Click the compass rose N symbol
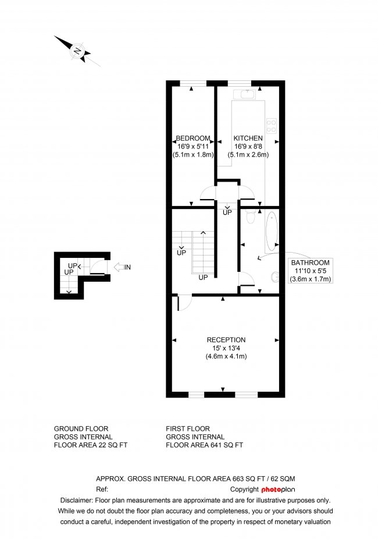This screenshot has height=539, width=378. pos(77,51)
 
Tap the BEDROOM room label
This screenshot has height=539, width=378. pos(193,138)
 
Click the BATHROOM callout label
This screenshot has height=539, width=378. pos(311,263)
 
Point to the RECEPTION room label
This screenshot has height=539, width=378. pos(226,340)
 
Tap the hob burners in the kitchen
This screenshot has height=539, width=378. pos(271,125)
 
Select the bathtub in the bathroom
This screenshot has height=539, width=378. pos(272,231)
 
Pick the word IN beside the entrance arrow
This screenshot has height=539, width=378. pos(128,267)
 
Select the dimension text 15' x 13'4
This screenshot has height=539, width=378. pos(226,348)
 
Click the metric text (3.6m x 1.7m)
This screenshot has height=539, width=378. pos(311,279)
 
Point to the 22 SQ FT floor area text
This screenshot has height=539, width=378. pos(109,445)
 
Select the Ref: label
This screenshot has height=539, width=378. pos(102,489)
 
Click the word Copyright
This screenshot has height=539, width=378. pos(244,489)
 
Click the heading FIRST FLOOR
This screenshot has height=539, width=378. pos(187,428)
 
